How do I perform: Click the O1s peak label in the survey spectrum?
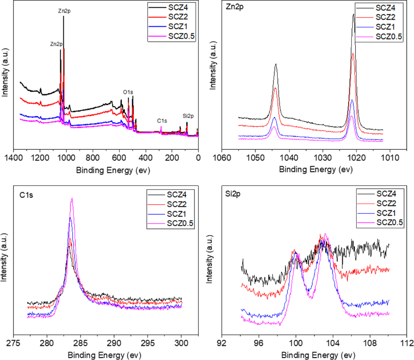tap(129, 93)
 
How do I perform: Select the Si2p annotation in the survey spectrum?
tap(188, 116)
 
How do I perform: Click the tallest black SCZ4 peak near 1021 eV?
tap(353, 15)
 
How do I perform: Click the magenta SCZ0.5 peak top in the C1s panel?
tap(72, 199)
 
